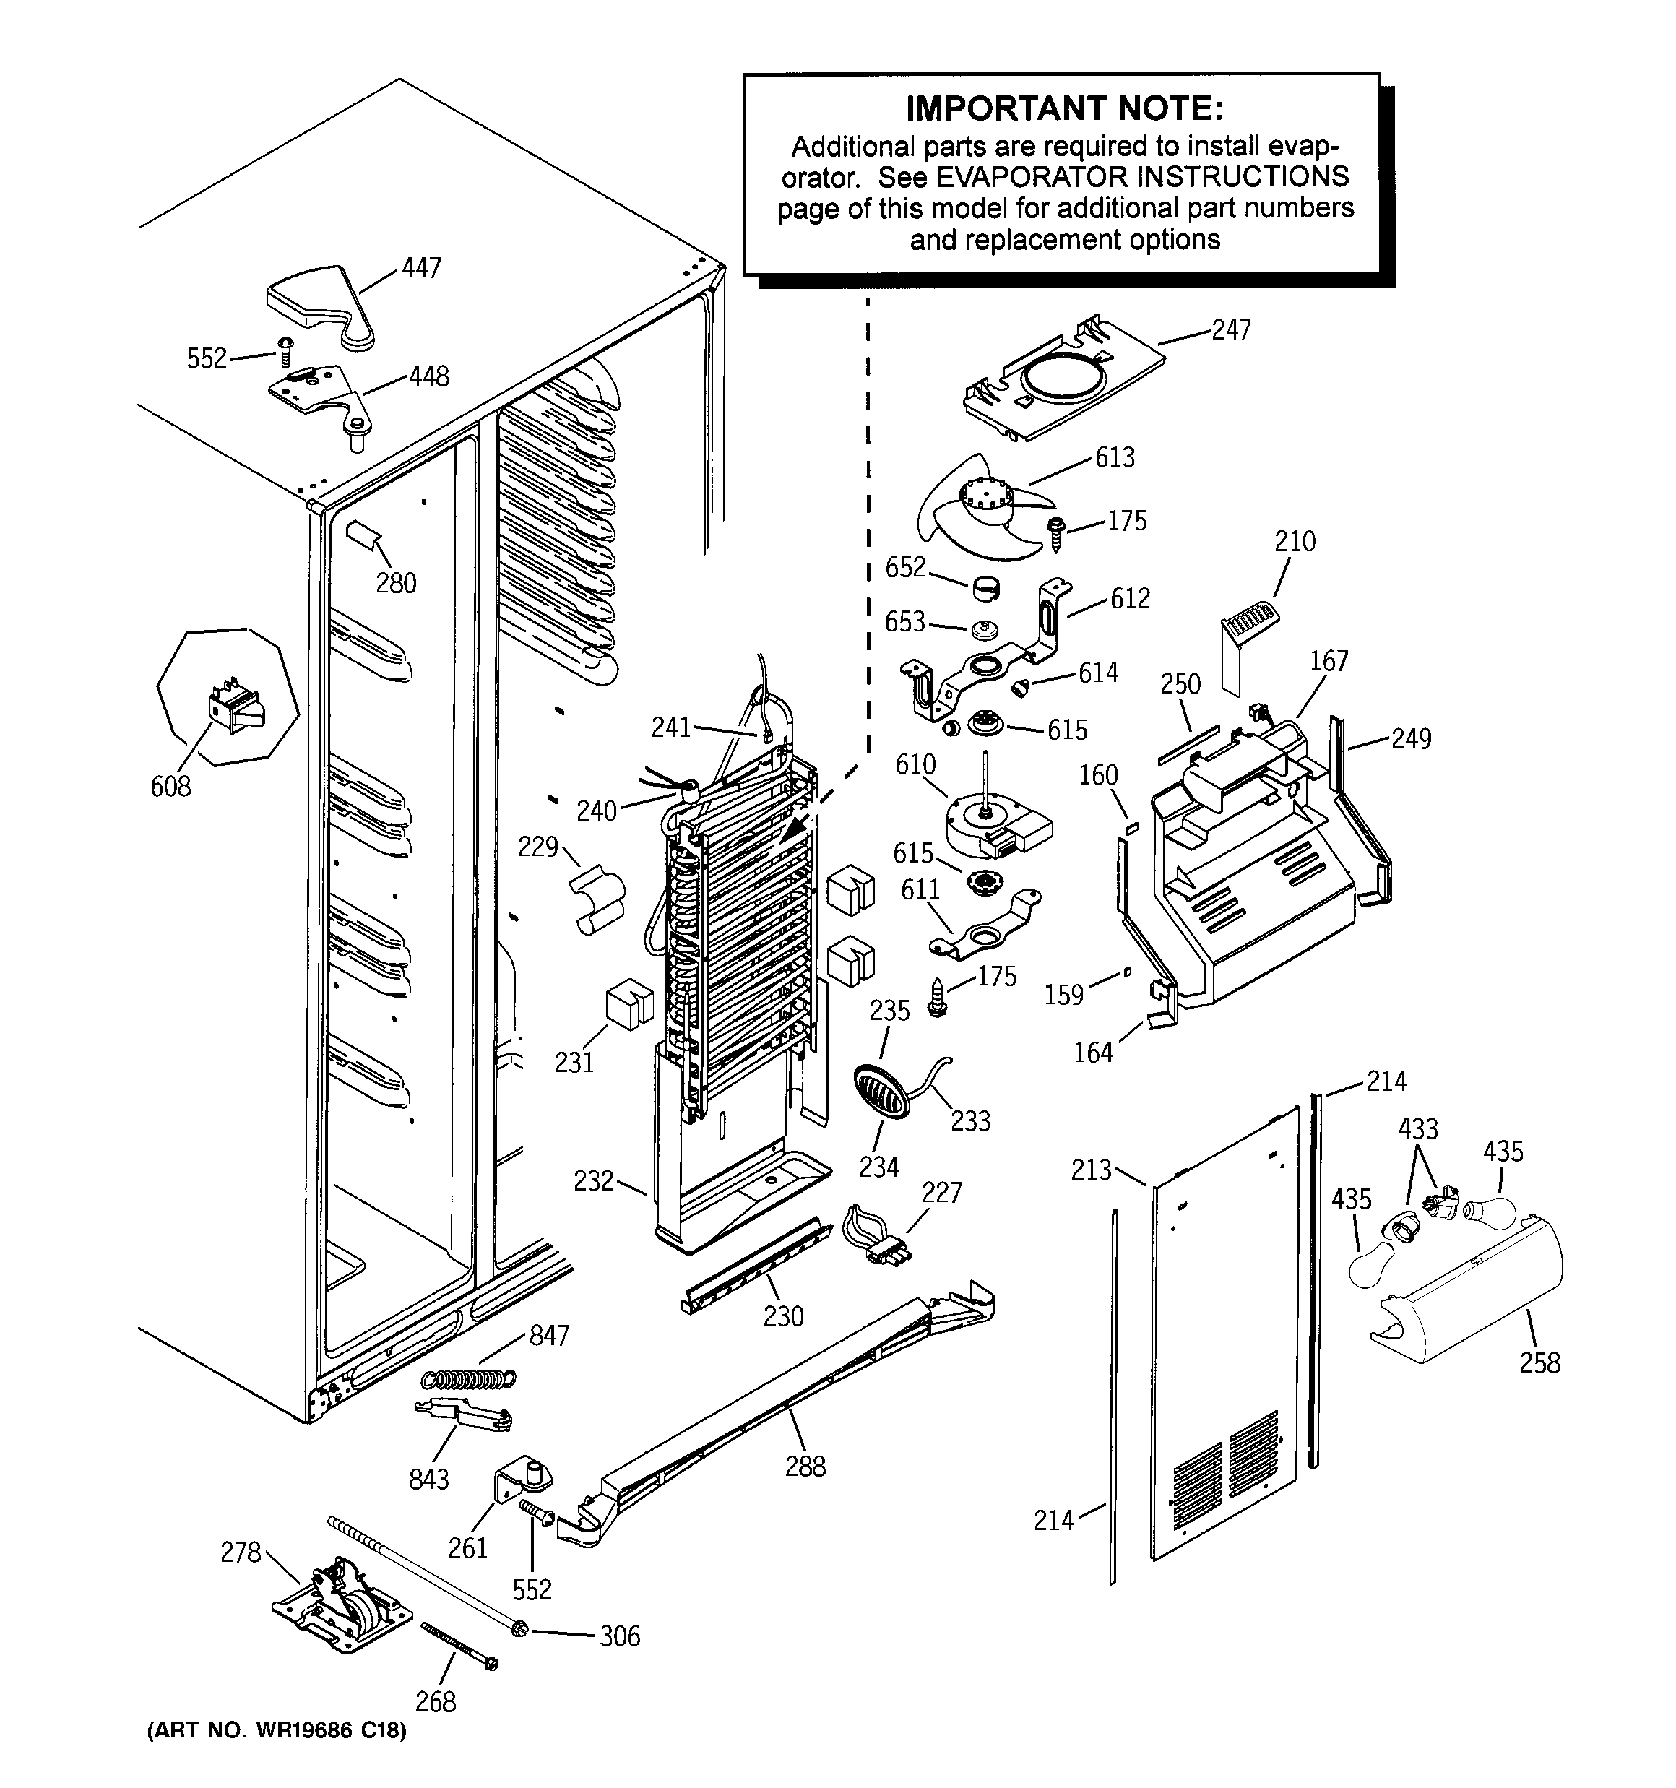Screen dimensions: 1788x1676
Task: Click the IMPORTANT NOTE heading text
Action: coord(1064,109)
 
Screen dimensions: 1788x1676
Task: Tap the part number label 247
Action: coord(1231,330)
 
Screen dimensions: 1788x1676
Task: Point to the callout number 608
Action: coord(171,786)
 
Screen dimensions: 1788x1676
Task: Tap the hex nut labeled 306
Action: coord(519,1629)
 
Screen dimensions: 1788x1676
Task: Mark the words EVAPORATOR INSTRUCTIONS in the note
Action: coord(1143,176)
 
